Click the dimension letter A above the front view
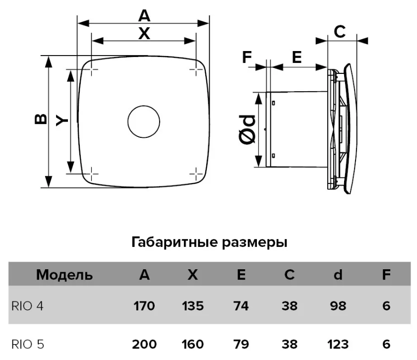pyautogui.click(x=144, y=16)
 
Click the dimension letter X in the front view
pyautogui.click(x=144, y=34)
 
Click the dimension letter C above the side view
pyautogui.click(x=340, y=32)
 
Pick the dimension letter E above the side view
pyautogui.click(x=297, y=58)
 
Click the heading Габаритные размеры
pyautogui.click(x=209, y=243)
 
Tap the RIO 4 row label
pyautogui.click(x=27, y=306)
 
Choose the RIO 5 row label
pyautogui.click(x=27, y=344)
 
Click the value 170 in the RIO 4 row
pyautogui.click(x=144, y=306)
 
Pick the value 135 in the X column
pyautogui.click(x=192, y=306)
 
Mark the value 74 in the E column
pyautogui.click(x=241, y=306)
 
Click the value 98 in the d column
pyautogui.click(x=338, y=306)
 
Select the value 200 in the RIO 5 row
pyautogui.click(x=144, y=344)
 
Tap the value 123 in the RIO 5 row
pyautogui.click(x=338, y=344)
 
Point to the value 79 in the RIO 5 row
pyautogui.click(x=241, y=344)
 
